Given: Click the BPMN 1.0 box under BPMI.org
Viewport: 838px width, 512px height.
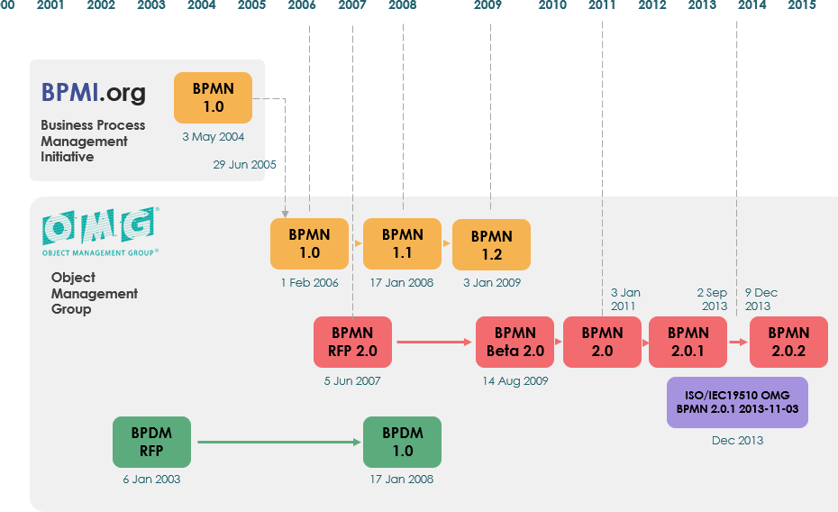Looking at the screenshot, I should tap(213, 97).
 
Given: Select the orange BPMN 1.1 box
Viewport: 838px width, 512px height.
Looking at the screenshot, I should tap(402, 243).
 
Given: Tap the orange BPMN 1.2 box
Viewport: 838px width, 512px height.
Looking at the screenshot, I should tap(491, 244).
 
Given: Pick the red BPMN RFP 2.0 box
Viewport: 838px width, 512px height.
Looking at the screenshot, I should tap(352, 342).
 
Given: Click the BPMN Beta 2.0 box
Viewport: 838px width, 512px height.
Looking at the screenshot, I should tap(515, 342).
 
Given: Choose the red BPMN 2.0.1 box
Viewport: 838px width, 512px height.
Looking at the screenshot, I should tap(688, 342).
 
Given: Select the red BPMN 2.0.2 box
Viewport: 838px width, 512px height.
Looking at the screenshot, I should tap(788, 342).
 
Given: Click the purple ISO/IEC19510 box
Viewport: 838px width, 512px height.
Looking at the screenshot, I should tap(736, 403).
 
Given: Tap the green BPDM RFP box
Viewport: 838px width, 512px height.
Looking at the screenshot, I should tap(151, 442).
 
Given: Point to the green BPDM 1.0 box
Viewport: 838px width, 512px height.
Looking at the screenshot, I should tap(402, 442).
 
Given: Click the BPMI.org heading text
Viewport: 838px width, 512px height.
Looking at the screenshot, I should tap(93, 93).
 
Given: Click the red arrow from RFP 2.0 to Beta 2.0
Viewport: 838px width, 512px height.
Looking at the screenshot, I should tap(433, 342).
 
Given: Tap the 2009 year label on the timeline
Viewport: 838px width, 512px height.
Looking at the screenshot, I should tap(487, 5).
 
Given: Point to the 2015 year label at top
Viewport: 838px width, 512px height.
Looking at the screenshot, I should tap(802, 5).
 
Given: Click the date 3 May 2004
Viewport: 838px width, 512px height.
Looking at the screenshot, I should tap(213, 137).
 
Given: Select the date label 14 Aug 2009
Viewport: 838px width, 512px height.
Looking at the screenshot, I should tap(515, 380).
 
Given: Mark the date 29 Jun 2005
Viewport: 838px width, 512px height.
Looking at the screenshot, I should tap(244, 165).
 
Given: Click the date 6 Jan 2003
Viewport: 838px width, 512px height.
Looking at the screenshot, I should tap(151, 479).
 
